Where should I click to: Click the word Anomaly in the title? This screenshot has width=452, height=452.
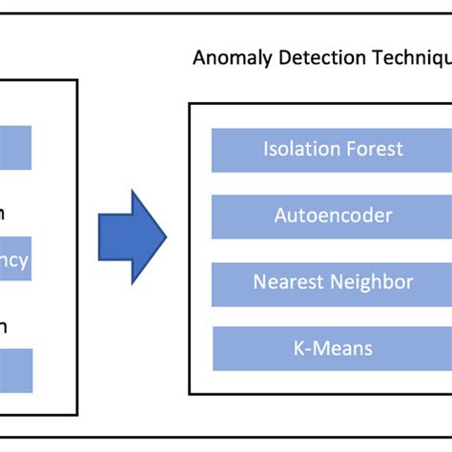point(229,57)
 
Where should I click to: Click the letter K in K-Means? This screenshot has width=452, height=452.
point(298,348)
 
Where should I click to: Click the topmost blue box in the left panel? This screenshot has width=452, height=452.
point(15,148)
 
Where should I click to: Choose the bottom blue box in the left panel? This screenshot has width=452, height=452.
point(15,371)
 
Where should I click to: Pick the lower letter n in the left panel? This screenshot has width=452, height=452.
point(4,326)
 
